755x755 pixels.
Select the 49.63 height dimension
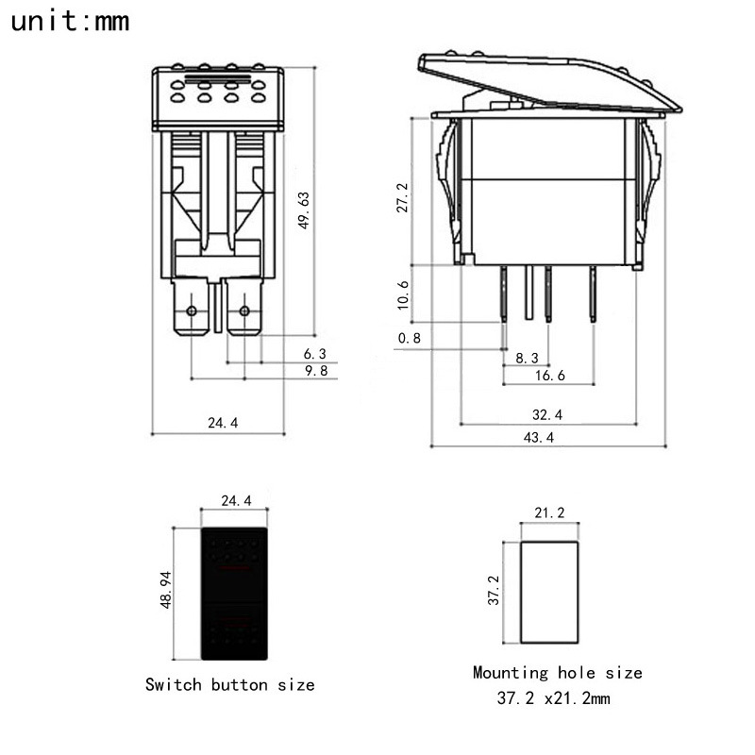pos(303,210)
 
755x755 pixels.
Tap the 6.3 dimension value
pos(314,354)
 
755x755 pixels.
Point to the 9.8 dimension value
pos(314,371)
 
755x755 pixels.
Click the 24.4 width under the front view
pos(223,424)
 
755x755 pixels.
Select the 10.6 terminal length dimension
pos(403,295)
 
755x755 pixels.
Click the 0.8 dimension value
pos(410,338)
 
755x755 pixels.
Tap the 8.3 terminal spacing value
pos(528,358)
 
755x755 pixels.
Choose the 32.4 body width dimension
pos(547,414)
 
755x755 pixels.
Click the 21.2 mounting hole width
pos(549,513)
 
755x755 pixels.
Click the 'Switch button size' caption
pos(229,684)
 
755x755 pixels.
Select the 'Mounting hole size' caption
pos(557,673)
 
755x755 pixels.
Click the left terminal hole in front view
pos(193,311)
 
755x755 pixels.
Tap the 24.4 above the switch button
pos(235,501)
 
